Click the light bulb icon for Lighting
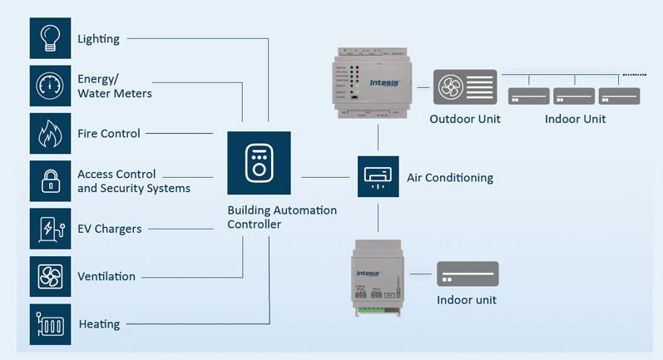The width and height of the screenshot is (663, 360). point(50,38)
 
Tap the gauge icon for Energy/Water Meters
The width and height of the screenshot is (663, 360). point(50,86)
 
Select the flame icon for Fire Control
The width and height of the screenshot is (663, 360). point(50,133)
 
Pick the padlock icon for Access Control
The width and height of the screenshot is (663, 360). point(50,181)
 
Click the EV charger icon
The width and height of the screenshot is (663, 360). point(50,229)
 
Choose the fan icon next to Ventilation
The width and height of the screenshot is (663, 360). point(50,276)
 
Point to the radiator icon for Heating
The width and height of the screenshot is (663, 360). point(50,324)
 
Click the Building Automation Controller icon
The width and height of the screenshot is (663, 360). point(259,163)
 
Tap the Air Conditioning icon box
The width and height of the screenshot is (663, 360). point(378,176)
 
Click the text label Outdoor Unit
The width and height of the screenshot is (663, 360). point(465,119)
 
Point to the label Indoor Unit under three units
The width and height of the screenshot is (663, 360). point(575,119)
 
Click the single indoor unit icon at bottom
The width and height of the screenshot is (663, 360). point(468,274)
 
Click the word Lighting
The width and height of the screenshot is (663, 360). point(98,39)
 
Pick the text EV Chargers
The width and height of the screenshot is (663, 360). point(109,229)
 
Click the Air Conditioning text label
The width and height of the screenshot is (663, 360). point(449,178)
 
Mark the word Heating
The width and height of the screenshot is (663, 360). point(99,324)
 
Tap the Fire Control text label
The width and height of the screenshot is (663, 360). point(108,133)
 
